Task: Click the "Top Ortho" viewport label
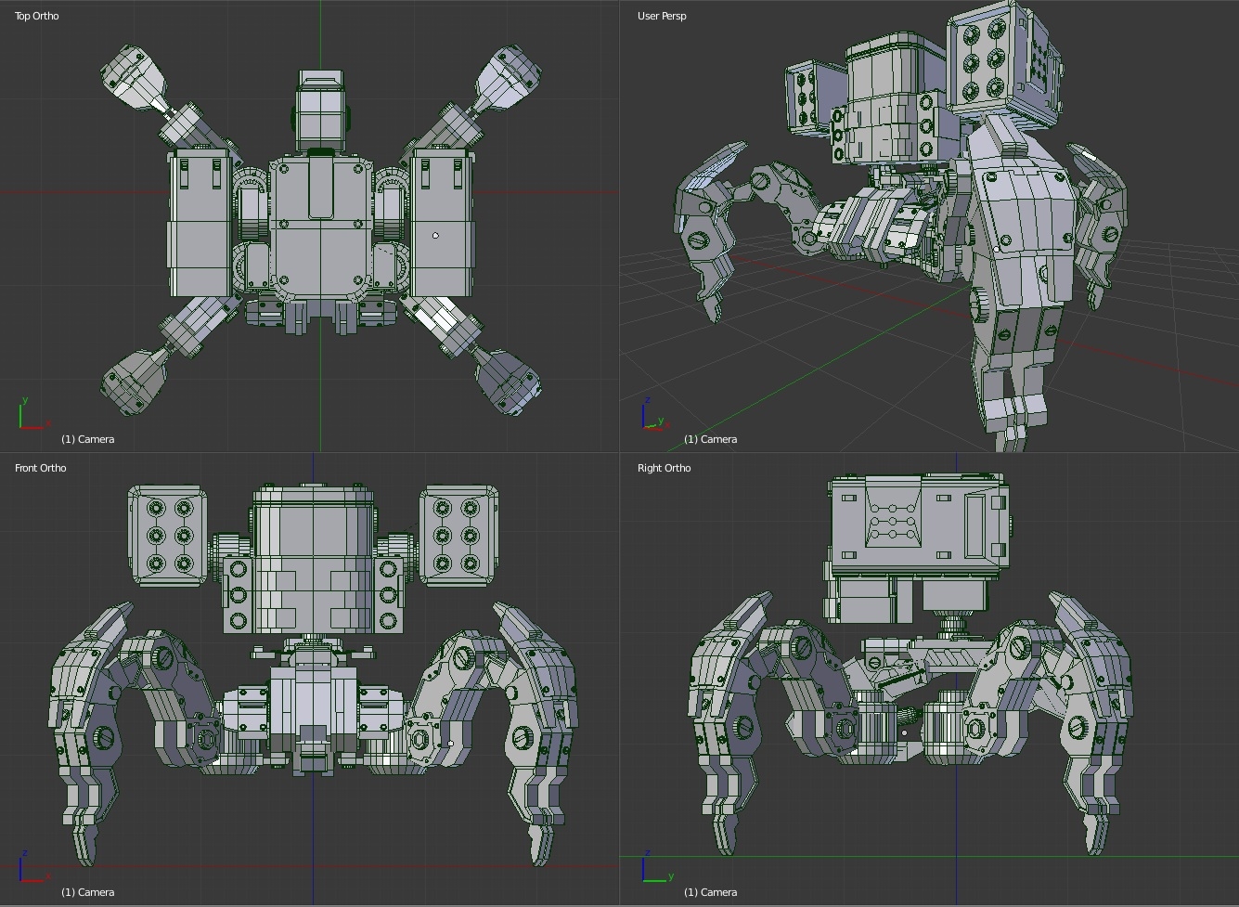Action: click(36, 16)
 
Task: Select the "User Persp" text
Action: click(662, 16)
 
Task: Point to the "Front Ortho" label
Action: click(40, 468)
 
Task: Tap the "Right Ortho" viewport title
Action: click(664, 468)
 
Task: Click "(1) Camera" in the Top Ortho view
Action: click(87, 439)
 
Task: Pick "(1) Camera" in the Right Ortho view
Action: click(710, 892)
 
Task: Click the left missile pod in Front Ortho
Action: click(168, 536)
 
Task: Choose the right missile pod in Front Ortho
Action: click(458, 536)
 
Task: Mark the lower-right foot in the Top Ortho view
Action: click(509, 381)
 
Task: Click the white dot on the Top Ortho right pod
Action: click(436, 236)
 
